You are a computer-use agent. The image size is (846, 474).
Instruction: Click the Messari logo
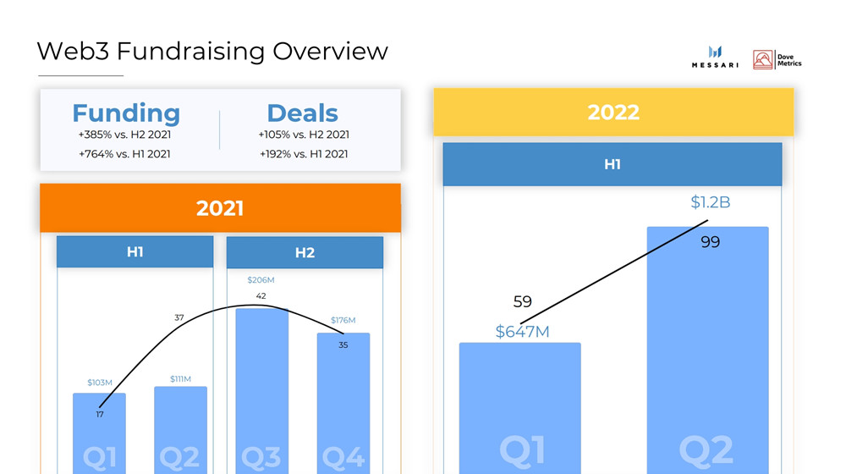[715, 58]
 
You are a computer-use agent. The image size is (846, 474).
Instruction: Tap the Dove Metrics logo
[777, 59]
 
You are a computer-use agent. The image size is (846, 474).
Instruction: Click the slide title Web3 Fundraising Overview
[212, 51]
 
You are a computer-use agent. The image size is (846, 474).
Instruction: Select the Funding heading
[126, 113]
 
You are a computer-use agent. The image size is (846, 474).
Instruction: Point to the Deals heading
[302, 113]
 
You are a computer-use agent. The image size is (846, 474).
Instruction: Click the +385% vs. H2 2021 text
[124, 135]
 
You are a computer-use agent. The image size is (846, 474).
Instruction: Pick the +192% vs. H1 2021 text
[303, 154]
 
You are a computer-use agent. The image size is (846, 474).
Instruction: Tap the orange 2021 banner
[220, 207]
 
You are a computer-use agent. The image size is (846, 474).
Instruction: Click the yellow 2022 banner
[613, 112]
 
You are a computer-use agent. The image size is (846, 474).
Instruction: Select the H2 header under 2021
[305, 252]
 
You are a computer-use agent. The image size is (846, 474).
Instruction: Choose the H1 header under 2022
[613, 164]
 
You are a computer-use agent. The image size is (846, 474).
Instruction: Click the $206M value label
[261, 280]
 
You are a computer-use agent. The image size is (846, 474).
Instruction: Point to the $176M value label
[343, 321]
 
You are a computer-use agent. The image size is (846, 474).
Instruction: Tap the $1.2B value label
[710, 202]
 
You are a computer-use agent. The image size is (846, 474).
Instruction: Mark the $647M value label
[522, 332]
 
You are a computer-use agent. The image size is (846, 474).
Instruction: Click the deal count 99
[710, 242]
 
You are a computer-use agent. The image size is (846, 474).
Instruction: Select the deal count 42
[261, 296]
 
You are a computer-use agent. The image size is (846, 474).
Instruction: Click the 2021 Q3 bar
[261, 389]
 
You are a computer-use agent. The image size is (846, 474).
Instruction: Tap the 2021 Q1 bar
[99, 432]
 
